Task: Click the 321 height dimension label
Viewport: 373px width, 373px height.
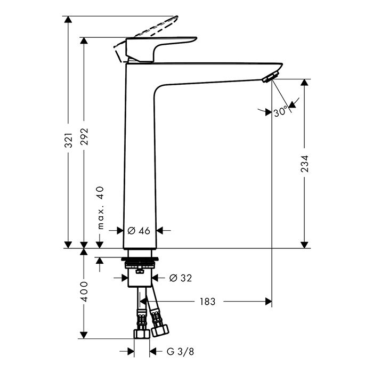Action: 68,140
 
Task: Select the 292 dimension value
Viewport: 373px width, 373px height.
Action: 84,136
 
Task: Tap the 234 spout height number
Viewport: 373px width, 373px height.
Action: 304,164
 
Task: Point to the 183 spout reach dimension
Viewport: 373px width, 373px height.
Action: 207,302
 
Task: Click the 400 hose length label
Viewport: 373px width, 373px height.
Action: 84,291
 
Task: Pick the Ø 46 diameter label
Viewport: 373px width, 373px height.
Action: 139,231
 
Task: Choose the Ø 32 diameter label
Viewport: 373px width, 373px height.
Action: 181,278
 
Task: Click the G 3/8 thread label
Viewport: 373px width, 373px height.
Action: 180,351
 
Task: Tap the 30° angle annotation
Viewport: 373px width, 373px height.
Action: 280,112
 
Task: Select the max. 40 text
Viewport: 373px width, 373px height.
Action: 101,208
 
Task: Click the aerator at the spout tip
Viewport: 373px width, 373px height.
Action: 271,76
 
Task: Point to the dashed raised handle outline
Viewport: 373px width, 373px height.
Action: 145,38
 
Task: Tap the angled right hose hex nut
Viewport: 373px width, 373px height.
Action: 160,330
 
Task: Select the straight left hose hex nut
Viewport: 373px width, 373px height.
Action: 142,334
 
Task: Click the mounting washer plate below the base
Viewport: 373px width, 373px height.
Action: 140,259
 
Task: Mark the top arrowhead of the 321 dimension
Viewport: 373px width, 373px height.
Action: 68,20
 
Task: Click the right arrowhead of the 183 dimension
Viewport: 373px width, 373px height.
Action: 269,302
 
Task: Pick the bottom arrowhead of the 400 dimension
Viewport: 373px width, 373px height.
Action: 84,335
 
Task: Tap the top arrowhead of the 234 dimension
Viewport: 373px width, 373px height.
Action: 304,82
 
